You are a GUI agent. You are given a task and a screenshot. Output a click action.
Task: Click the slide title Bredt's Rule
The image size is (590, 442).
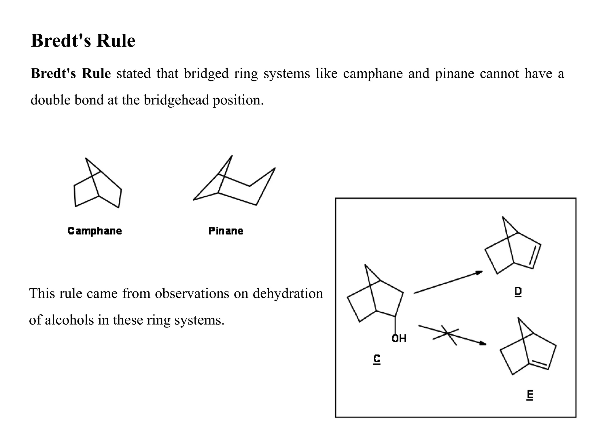point(83,41)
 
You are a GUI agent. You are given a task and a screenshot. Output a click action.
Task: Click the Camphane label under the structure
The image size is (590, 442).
point(94,231)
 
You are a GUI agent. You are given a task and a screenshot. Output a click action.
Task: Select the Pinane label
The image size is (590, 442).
point(226,231)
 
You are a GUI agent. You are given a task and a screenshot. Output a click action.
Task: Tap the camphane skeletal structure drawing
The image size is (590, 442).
point(97,184)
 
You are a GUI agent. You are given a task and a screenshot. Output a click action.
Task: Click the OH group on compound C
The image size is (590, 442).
point(399,338)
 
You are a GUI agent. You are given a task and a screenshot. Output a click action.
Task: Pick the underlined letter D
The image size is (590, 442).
point(518,292)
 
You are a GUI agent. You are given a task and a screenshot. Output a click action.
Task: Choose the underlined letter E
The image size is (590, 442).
point(530,395)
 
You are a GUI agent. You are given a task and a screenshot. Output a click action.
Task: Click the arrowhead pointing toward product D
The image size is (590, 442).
point(479,272)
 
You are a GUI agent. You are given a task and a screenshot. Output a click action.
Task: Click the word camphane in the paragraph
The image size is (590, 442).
point(372,74)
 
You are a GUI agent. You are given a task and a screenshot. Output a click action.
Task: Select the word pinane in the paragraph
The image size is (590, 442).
point(454,74)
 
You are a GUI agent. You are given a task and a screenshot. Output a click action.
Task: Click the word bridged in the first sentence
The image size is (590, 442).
point(206,74)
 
